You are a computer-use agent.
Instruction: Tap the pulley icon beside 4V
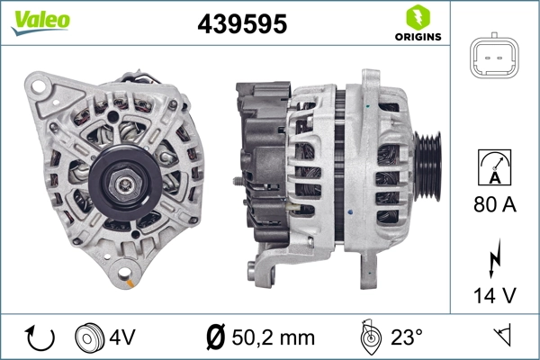[x=90, y=338]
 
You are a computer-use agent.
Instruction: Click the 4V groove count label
[x=122, y=338]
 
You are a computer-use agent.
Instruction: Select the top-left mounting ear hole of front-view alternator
[x=37, y=87]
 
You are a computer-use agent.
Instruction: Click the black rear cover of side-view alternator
[x=261, y=162]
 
